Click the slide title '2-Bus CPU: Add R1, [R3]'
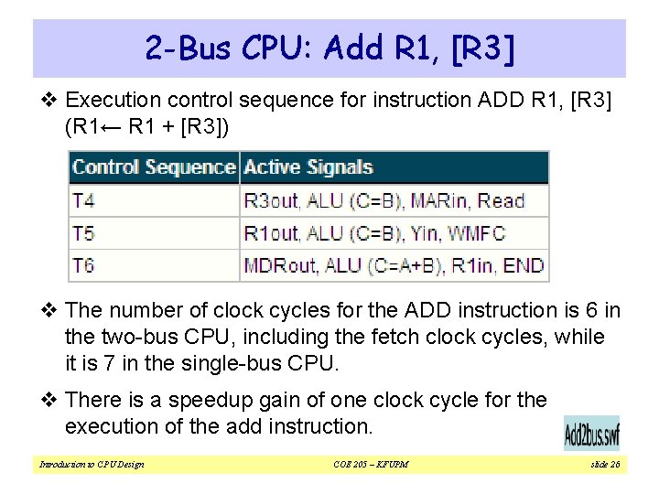tap(329, 48)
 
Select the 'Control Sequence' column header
tap(154, 167)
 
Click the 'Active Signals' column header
tap(308, 167)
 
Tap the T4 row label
tap(83, 201)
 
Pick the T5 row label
tap(83, 234)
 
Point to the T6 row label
tap(83, 266)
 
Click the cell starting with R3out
tap(384, 201)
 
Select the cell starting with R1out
tap(374, 234)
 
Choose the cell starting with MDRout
tap(394, 266)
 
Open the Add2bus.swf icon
tap(590, 433)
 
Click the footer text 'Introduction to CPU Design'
tap(92, 465)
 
